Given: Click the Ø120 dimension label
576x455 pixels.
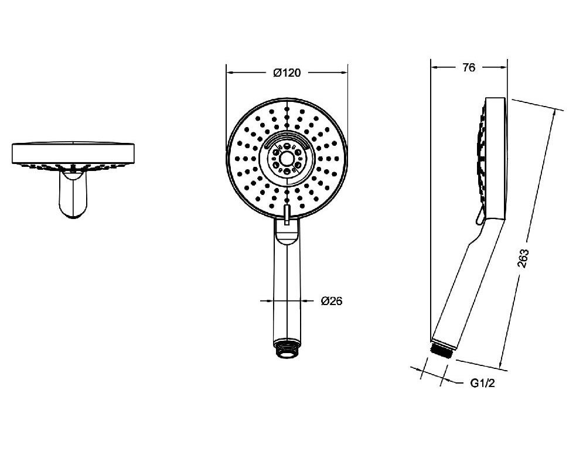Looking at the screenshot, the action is (287, 73).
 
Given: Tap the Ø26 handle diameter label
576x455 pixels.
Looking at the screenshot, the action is (331, 301).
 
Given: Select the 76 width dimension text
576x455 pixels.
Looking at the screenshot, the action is (469, 67).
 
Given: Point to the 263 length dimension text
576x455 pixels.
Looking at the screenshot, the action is (523, 258).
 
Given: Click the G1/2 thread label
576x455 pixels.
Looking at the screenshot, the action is (483, 384).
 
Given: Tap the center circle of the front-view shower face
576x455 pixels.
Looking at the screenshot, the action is (287, 159).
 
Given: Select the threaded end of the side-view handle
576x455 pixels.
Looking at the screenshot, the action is (442, 348).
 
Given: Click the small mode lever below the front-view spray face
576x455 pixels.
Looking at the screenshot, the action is (287, 215).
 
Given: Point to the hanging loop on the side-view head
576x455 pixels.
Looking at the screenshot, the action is (480, 217).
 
